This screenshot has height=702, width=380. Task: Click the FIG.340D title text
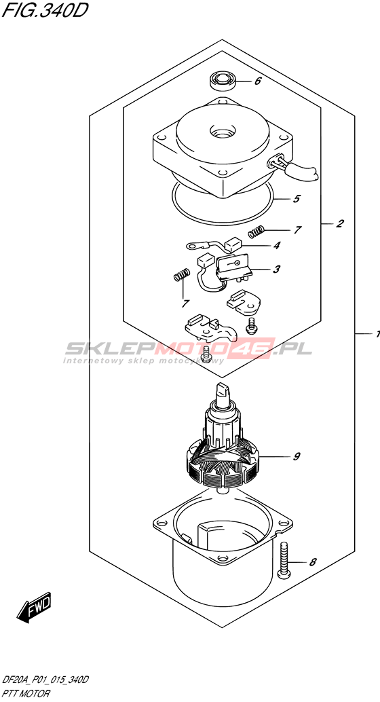coord(43,11)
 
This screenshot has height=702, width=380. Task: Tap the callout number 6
coord(257,82)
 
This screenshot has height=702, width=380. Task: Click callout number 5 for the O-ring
coord(296,198)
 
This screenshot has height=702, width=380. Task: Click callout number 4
coord(277,245)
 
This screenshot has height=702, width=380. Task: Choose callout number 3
coord(277,269)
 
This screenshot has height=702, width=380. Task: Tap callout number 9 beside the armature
coord(297,457)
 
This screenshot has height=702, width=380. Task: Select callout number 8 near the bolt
coord(313,561)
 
